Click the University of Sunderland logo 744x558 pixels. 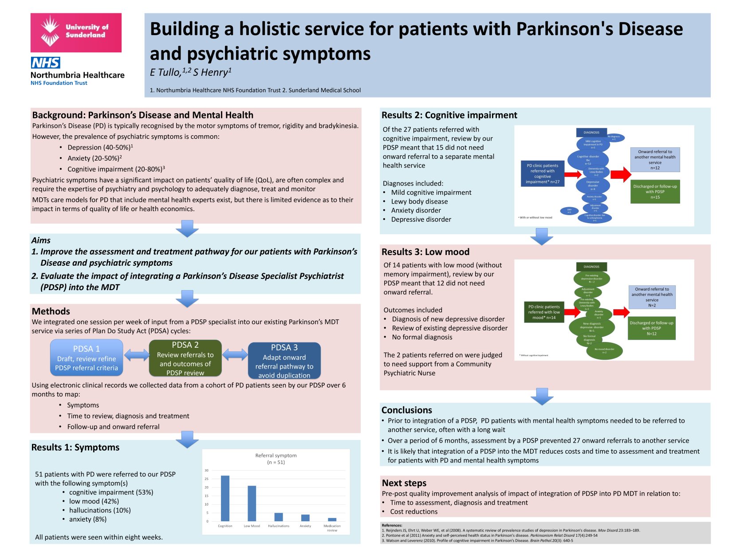76,32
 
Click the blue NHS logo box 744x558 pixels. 46,63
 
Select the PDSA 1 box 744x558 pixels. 87,358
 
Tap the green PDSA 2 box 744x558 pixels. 185,358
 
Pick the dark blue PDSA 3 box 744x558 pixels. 284,360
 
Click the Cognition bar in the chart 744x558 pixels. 225,498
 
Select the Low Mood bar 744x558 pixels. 252,503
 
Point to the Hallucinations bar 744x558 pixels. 279,517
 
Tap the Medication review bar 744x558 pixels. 332,519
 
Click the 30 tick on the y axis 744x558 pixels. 207,470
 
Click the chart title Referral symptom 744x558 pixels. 276,456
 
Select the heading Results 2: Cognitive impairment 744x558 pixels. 449,115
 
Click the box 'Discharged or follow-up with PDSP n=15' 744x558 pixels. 655,192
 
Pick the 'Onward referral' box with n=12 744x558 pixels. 655,160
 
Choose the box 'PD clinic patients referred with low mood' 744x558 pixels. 544,312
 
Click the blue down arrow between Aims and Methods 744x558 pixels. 187,299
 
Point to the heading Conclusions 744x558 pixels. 406,410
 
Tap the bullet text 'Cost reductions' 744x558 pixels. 413,512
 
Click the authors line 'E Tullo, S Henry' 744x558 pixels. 191,72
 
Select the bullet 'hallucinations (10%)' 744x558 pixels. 100,511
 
